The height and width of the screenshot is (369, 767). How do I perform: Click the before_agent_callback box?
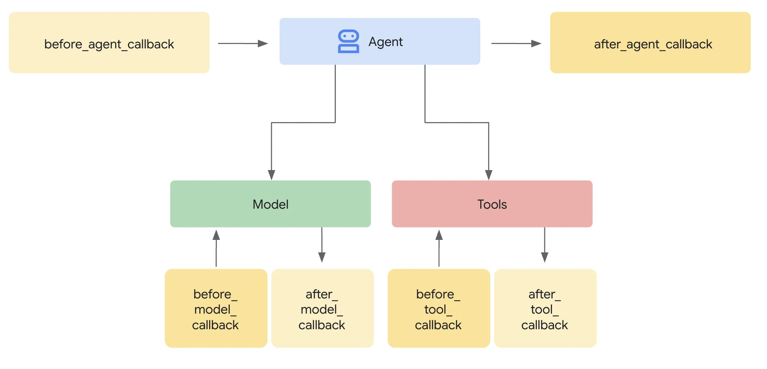pyautogui.click(x=109, y=43)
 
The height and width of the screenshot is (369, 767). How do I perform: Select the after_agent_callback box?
pyautogui.click(x=650, y=43)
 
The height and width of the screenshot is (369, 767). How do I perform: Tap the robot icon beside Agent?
pyautogui.click(x=348, y=41)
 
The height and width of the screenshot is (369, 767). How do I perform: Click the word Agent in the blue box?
pyautogui.click(x=385, y=42)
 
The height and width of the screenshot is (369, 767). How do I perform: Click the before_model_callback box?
pyautogui.click(x=216, y=308)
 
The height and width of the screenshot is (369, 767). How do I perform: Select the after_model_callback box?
pyautogui.click(x=322, y=308)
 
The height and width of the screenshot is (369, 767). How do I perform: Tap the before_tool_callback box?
pyautogui.click(x=439, y=308)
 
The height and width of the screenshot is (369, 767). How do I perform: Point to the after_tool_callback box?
pyautogui.click(x=545, y=308)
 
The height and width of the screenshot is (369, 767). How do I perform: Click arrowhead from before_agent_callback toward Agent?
pyautogui.click(x=263, y=43)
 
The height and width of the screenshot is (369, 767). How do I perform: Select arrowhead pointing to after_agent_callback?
pyautogui.click(x=536, y=43)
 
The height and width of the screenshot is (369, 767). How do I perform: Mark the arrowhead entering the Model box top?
pyautogui.click(x=272, y=175)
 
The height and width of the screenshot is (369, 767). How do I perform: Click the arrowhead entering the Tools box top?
pyautogui.click(x=488, y=175)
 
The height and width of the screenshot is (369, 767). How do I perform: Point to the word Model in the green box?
pyautogui.click(x=270, y=204)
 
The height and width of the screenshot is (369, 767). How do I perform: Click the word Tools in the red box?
pyautogui.click(x=492, y=204)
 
